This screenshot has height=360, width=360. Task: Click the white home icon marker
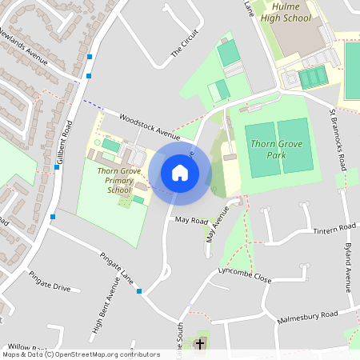[x=180, y=173]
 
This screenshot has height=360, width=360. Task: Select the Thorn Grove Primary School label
[x=118, y=180]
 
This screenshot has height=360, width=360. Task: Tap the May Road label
[x=191, y=220]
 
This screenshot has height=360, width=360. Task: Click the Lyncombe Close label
[x=245, y=277]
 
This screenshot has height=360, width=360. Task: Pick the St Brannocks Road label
[x=339, y=136]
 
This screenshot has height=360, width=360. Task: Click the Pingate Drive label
[x=50, y=286]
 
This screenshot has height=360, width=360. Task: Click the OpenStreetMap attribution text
[x=82, y=354]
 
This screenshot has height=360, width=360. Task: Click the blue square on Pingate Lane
[x=139, y=291]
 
